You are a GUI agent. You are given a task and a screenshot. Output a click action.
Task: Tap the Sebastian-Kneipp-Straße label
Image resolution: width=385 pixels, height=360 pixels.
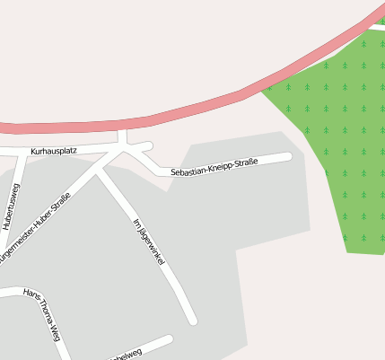214,165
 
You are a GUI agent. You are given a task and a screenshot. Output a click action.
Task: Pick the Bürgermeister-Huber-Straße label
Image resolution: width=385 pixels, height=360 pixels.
34,228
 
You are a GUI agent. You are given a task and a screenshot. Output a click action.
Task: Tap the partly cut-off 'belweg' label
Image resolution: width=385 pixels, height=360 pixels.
125,356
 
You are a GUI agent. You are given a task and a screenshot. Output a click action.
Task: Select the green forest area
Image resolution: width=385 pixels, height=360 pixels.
341,135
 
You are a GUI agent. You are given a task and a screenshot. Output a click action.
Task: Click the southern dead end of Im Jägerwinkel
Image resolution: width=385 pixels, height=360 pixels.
192,320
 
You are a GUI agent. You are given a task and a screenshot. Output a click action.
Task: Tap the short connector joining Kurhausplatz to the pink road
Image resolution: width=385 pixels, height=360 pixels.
124,136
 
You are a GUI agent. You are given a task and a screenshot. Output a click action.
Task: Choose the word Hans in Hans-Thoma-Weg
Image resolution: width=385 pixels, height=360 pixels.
30,296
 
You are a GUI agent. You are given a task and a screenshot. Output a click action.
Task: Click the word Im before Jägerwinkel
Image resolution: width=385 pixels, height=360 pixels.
135,223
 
